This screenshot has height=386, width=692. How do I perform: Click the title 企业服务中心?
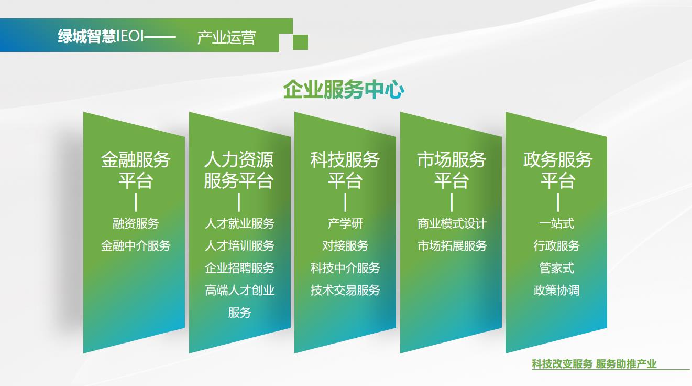(344, 90)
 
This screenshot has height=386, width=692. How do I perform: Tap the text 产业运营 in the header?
(226, 37)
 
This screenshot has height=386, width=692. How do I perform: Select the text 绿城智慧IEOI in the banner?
(101, 36)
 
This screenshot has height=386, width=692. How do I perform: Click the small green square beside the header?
(300, 42)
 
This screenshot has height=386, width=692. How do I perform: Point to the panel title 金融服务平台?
(136, 170)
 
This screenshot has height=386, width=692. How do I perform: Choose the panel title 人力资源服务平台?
(239, 170)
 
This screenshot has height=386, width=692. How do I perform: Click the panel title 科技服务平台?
(345, 170)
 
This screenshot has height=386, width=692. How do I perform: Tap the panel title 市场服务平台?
(452, 170)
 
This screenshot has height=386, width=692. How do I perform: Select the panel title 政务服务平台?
(557, 170)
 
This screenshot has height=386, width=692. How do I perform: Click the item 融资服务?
(136, 223)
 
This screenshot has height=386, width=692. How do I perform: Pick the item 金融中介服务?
(136, 246)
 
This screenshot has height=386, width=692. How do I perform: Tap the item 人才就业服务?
(239, 223)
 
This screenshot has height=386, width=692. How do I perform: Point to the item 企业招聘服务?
(239, 268)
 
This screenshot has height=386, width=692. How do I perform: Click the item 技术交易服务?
(345, 290)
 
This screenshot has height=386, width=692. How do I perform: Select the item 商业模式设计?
(452, 223)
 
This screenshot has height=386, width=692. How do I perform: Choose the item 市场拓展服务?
(452, 246)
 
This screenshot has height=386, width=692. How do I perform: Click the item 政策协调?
(556, 290)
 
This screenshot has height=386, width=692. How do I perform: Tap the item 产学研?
(345, 223)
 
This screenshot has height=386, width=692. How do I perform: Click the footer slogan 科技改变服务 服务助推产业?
(594, 364)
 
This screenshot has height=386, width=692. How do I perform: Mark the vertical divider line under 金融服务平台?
(136, 202)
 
